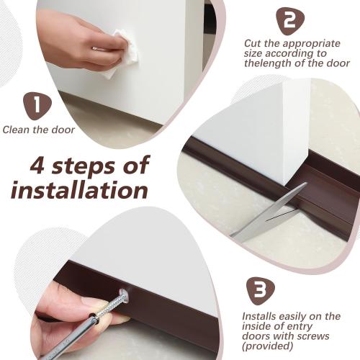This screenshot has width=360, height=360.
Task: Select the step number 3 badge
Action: pos(260,290)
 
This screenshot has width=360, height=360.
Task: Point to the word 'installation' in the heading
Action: pos(79,192)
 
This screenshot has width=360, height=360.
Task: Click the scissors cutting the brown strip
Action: pos(270,212)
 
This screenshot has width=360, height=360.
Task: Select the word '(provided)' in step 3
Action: pos(266,346)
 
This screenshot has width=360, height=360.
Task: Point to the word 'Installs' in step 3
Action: pos(259,316)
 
